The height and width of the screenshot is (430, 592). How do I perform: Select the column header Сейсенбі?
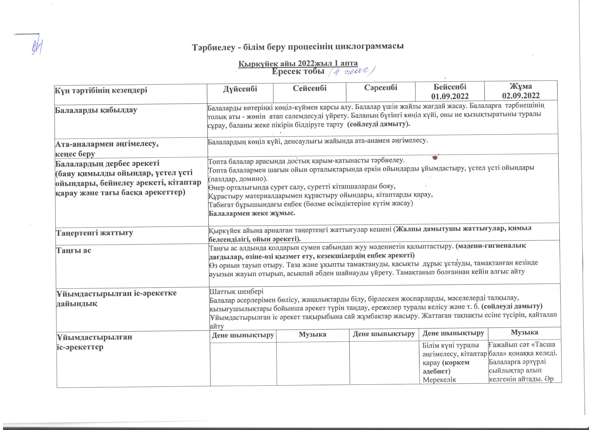[x=310, y=88]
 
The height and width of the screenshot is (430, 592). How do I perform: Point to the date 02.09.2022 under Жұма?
[x=521, y=95]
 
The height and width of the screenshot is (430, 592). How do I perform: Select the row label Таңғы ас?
[x=74, y=250]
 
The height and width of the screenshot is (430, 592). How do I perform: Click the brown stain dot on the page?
[x=435, y=157]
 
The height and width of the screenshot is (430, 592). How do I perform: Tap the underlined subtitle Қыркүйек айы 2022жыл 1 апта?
[x=298, y=63]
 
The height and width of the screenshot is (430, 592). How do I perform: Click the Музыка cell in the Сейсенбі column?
[x=312, y=334]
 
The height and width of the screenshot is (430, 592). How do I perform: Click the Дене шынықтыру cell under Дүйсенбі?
[x=243, y=335]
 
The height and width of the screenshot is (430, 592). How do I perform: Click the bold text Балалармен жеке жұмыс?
[x=252, y=213]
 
